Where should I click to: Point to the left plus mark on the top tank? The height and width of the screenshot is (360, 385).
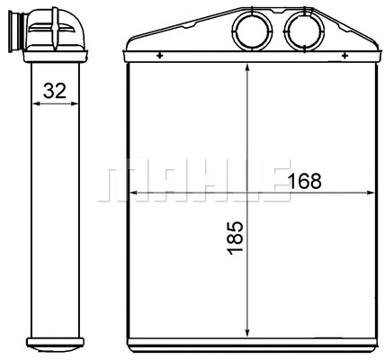[159, 56]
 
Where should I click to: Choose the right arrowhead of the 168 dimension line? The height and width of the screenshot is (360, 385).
[370, 193]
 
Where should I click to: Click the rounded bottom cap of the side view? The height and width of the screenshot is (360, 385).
[53, 346]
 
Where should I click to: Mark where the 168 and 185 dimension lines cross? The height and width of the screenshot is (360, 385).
[246, 193]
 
